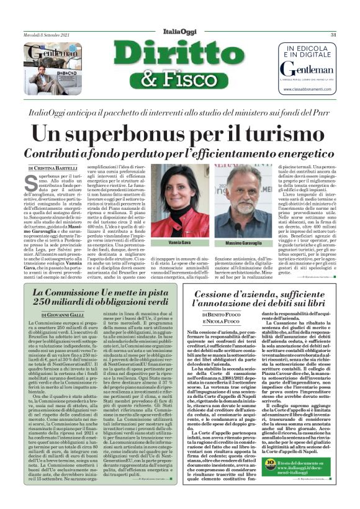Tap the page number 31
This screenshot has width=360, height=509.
click(x=333, y=35)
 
